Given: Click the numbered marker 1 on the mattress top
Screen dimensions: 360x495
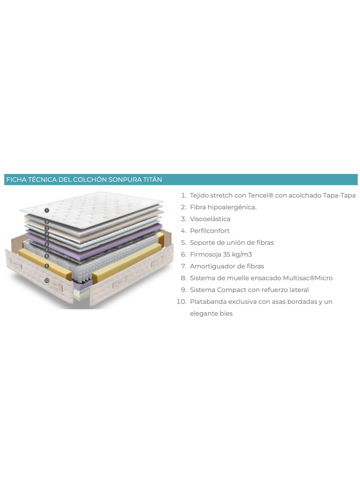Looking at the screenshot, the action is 47,210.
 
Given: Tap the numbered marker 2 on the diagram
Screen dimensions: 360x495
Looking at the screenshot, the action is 47,222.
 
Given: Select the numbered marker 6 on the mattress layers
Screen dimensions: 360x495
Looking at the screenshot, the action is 47,244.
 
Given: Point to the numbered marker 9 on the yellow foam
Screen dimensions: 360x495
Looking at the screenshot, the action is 47,266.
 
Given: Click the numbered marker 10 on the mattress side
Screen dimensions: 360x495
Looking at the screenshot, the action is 47,281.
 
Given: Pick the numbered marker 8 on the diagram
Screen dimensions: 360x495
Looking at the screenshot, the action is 47,256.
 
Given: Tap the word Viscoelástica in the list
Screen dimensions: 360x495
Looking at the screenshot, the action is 210,219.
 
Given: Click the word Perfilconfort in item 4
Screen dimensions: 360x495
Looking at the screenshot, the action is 210,231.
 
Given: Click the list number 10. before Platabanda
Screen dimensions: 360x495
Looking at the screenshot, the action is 182,302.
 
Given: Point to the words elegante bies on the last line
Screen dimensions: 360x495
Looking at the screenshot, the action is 211,314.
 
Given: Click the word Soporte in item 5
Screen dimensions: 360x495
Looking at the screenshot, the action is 201,243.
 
